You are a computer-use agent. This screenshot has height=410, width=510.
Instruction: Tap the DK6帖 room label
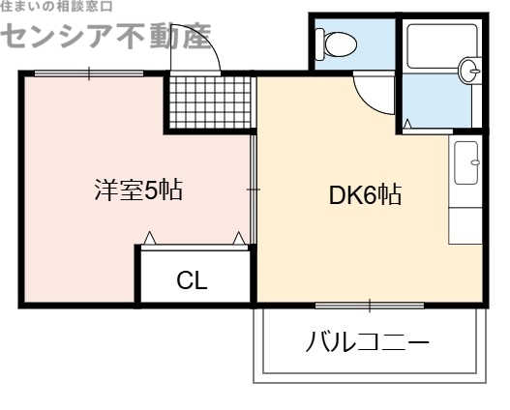point(365,195)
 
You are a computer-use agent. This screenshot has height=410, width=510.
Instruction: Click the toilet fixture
point(339,44)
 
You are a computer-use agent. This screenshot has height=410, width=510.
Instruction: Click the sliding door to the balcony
point(370,306)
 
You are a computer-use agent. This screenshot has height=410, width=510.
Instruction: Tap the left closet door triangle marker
point(150,238)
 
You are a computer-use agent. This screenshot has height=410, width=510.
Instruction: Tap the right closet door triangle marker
point(238,238)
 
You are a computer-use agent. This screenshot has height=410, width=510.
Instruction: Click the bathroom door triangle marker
point(407,124)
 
